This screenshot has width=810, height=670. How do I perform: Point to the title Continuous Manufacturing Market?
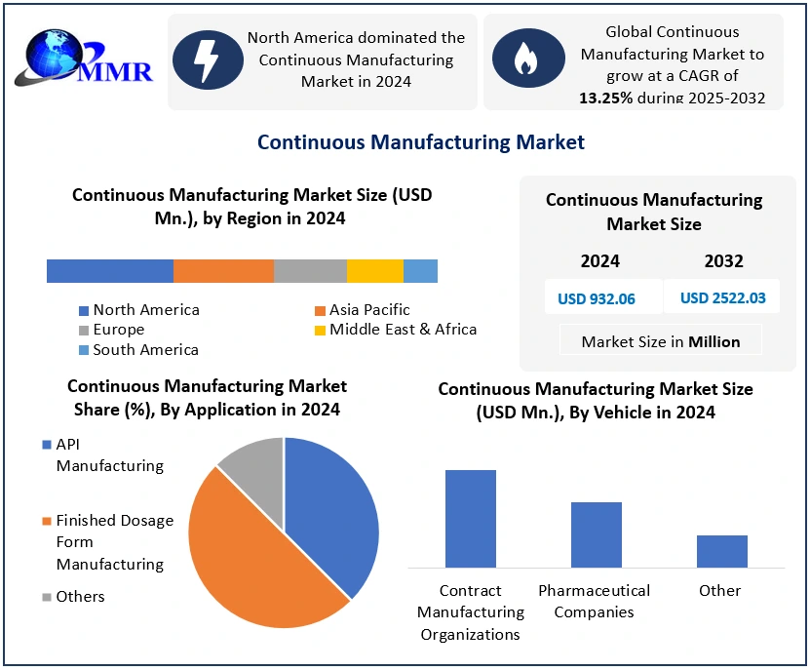421,142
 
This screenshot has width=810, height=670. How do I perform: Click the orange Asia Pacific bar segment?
223,271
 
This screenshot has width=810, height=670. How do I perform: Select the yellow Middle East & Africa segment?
375,271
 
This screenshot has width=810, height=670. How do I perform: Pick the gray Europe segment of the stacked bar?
310,271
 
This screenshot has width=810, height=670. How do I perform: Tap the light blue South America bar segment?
420,271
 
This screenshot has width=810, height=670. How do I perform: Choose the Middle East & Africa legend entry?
403,330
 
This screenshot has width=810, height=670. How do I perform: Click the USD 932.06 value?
597,298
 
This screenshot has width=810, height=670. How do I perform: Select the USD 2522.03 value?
722,297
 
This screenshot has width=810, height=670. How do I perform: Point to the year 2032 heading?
723,261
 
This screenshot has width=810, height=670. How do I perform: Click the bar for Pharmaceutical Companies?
597,534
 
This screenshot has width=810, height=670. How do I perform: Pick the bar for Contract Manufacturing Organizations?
471,519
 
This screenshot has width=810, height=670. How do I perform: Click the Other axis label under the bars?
720,591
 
